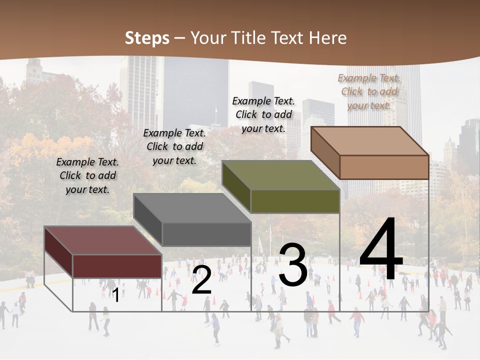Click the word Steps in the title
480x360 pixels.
click(x=147, y=38)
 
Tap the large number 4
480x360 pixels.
click(x=381, y=251)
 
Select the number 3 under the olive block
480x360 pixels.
click(x=293, y=265)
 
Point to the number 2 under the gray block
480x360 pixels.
click(x=202, y=280)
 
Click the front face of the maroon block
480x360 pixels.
click(x=117, y=266)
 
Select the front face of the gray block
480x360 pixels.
click(x=206, y=234)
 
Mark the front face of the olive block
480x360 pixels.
click(x=295, y=201)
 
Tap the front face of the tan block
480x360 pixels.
click(x=384, y=167)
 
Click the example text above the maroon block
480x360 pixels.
click(x=87, y=176)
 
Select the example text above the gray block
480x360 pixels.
click(x=174, y=146)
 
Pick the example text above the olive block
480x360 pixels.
click(x=263, y=114)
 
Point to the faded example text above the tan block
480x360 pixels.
click(x=369, y=91)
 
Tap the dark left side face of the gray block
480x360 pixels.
click(x=148, y=219)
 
